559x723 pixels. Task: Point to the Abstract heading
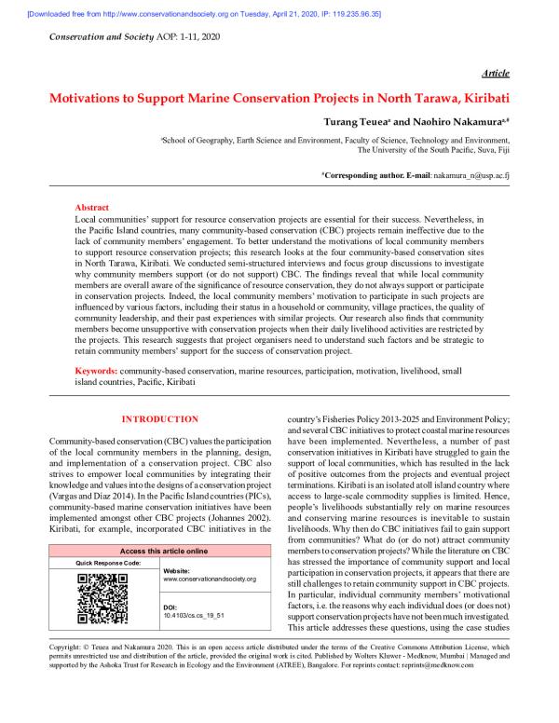91,208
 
